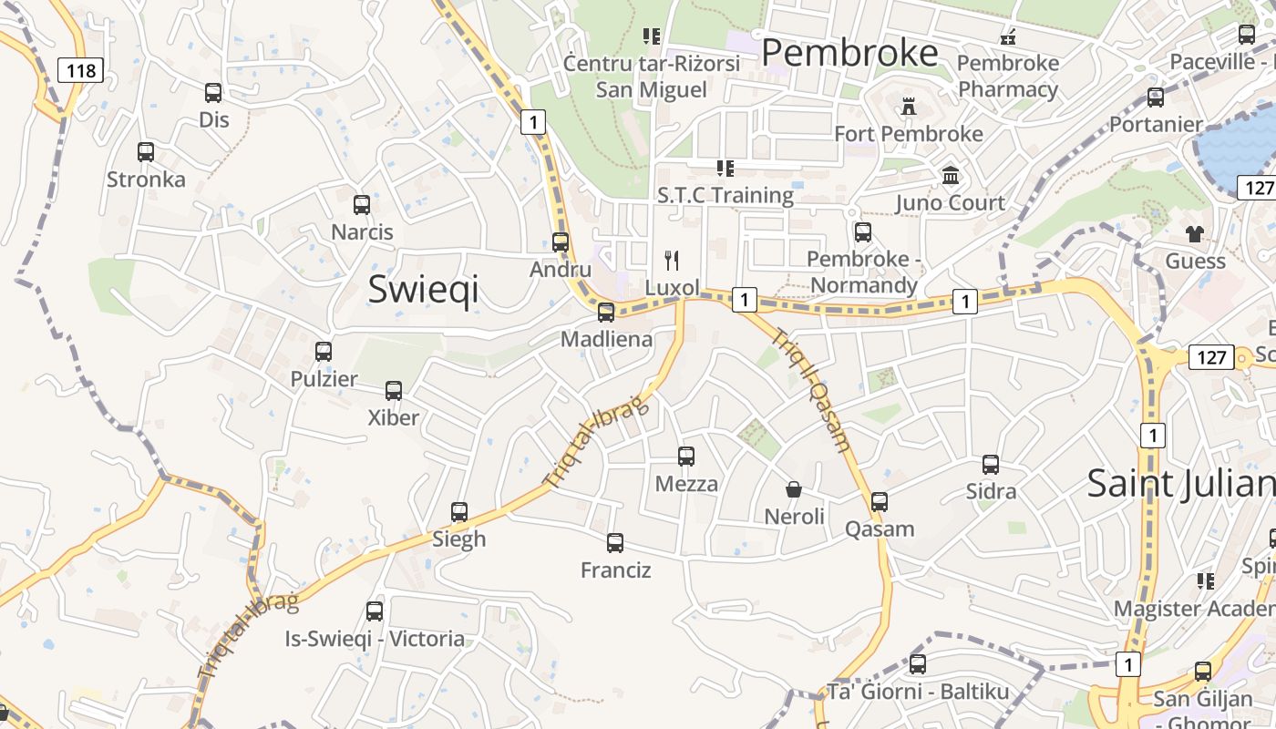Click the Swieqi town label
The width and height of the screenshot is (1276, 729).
point(423,289)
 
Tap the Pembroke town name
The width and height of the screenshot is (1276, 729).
point(849,53)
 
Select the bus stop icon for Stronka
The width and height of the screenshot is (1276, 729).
point(146,152)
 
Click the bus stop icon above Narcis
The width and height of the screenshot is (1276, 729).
point(362,205)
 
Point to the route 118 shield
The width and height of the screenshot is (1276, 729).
point(80,70)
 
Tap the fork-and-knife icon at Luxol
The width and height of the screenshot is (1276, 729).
point(673,261)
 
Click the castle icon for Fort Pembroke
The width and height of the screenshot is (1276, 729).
point(908,107)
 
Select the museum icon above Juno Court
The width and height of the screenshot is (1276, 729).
point(951,175)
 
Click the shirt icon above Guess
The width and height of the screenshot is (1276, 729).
point(1195,234)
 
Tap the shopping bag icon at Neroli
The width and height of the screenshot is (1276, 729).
point(794,490)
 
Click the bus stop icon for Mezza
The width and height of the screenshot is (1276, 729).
point(686,457)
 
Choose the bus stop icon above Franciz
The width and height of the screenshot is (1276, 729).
point(615,543)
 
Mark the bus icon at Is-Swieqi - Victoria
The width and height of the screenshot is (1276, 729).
point(375,611)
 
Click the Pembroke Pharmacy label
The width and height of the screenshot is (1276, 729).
point(1008,77)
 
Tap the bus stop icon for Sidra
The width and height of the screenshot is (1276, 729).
point(991,465)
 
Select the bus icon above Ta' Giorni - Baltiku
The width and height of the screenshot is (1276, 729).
point(918,664)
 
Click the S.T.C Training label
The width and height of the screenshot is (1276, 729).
point(725,195)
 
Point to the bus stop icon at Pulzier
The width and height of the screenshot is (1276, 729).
point(324,352)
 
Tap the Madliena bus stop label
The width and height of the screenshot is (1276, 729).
point(606,339)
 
